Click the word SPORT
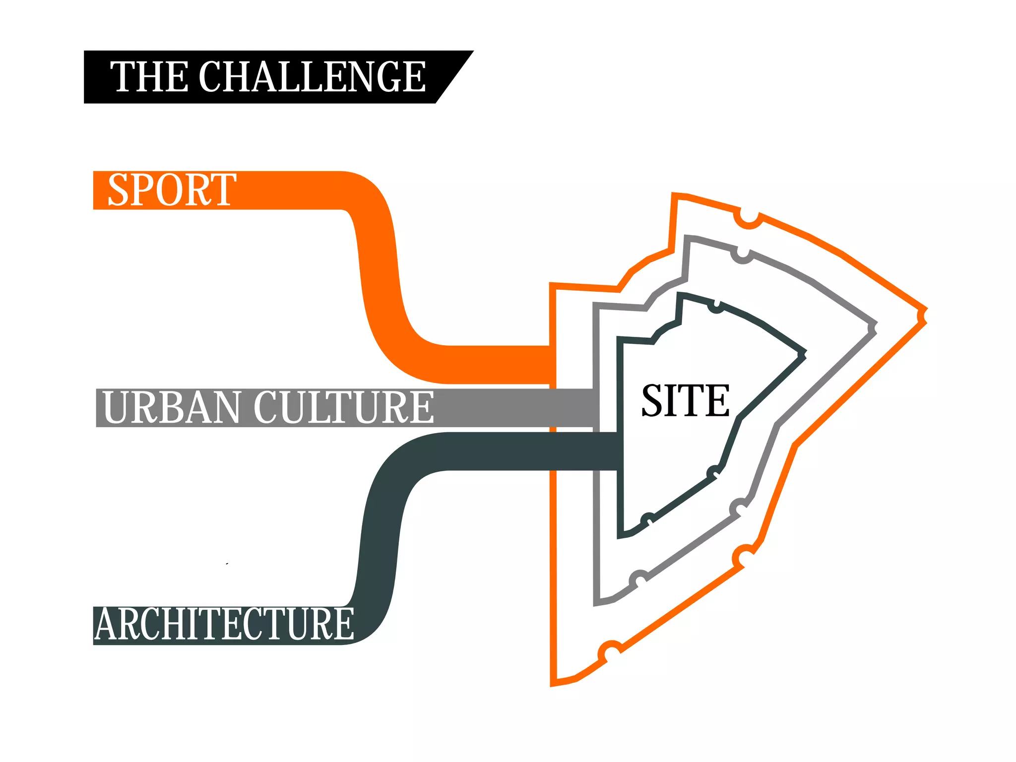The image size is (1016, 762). [171, 190]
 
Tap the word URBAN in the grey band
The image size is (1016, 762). [171, 407]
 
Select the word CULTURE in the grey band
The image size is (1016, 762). [343, 407]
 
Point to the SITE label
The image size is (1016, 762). [685, 400]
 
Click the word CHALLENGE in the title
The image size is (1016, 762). [312, 77]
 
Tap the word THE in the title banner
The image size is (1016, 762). [149, 77]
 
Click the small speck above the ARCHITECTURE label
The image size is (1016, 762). [227, 564]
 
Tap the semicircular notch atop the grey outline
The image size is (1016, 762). [742, 255]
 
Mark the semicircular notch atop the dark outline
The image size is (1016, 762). [716, 307]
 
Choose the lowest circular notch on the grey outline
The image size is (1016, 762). [639, 579]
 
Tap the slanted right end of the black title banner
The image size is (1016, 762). [454, 77]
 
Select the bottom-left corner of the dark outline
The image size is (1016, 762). [620, 536]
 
